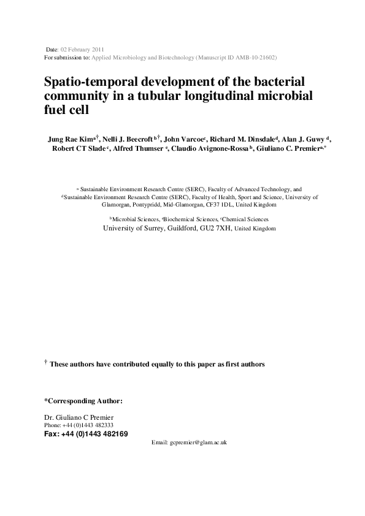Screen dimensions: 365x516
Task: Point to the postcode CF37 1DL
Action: coord(216,205)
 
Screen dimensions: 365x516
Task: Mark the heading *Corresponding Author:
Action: coord(83,401)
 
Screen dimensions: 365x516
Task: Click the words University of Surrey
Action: coord(131,227)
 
